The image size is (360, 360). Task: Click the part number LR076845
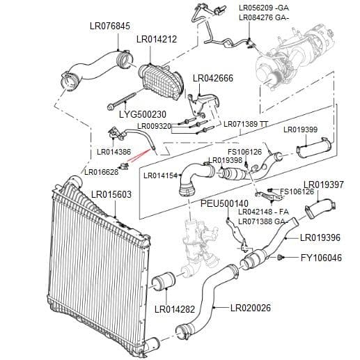coord(110,26)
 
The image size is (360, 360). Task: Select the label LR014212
coord(157,39)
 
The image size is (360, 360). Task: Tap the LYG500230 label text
coord(143,114)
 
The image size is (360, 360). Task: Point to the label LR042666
coord(213,78)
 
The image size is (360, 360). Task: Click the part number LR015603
coord(111,194)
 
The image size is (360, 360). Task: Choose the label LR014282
coord(175,309)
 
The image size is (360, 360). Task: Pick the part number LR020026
coord(251,308)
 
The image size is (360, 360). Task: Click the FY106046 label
coord(322,258)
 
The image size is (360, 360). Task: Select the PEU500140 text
coord(224,203)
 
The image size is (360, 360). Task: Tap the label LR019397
coord(324,185)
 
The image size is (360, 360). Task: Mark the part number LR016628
coord(102,172)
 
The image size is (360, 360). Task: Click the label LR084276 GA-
coord(264,17)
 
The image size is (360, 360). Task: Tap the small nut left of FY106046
coord(280,257)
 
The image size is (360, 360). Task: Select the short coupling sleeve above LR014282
coord(163,281)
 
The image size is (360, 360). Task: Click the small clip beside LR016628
coord(124,166)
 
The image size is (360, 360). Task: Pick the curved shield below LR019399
coord(315,148)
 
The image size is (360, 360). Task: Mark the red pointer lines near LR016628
coord(139,155)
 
